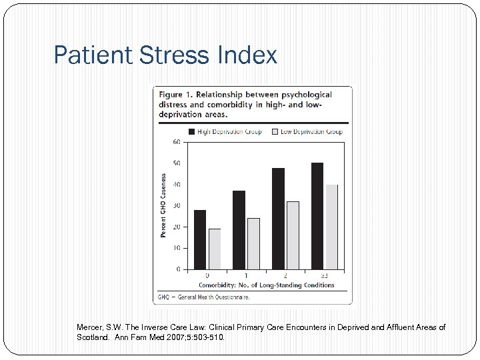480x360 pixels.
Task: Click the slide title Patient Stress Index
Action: click(x=165, y=55)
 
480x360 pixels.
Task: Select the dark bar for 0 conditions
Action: click(x=199, y=239)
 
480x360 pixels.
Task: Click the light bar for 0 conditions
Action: click(x=215, y=249)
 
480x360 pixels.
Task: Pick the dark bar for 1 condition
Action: click(x=239, y=230)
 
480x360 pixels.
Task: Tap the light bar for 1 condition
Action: click(x=253, y=243)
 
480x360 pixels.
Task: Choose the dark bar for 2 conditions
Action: click(x=278, y=219)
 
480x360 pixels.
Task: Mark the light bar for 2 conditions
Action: click(x=293, y=235)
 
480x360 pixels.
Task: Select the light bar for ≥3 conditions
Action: click(x=331, y=227)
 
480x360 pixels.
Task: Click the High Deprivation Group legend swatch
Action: click(x=192, y=132)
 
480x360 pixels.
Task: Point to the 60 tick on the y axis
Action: click(x=177, y=142)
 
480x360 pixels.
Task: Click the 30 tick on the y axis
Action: click(x=177, y=205)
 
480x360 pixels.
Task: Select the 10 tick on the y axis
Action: click(x=177, y=248)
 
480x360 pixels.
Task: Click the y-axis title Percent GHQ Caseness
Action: click(x=164, y=205)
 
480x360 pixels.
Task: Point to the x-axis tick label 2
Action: click(x=285, y=275)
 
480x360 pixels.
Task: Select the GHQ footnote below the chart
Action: click(x=203, y=297)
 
